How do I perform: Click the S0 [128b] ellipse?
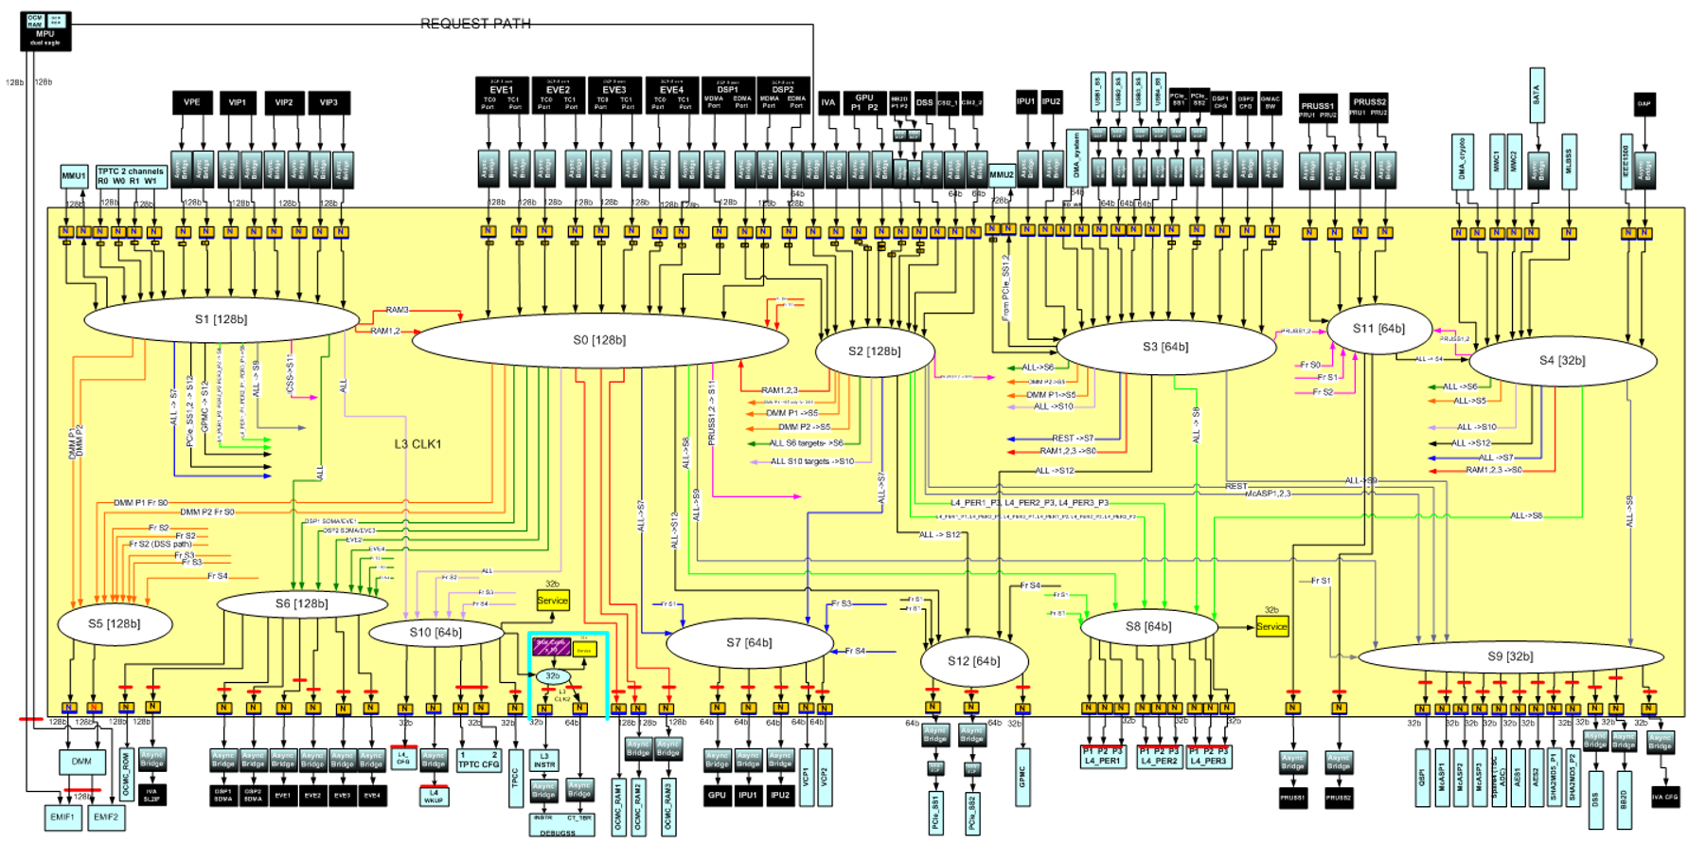coord(599,340)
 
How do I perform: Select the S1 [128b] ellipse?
coord(222,319)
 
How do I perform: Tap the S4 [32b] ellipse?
coord(1562,360)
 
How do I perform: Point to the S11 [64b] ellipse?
coord(1378,329)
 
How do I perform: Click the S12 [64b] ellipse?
coord(973,660)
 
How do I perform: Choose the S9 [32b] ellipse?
coord(1510,655)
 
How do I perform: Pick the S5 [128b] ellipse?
coord(115,623)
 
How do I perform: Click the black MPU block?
coord(45,32)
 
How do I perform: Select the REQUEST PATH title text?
coord(475,24)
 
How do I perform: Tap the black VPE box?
coord(192,102)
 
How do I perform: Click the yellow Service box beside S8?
coord(1271,626)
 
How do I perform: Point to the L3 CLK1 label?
coord(418,444)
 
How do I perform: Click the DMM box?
coord(81,761)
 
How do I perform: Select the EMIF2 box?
coord(106,817)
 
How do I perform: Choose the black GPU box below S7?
coord(717,795)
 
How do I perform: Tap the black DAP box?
coord(1644,105)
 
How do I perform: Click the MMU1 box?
coord(74,176)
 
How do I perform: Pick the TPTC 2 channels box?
coord(131,176)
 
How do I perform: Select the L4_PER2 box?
coord(1159,757)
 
